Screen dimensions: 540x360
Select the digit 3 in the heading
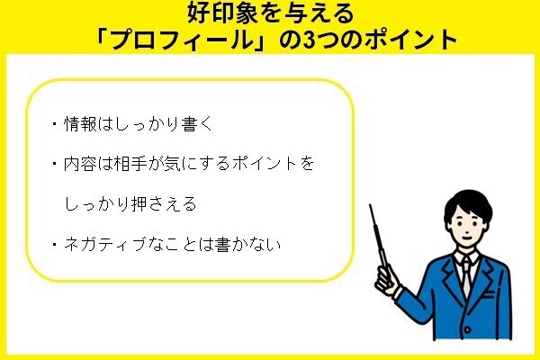pos(310,40)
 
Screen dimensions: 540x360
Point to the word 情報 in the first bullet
pos(80,124)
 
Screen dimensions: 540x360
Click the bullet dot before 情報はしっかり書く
pos(54,124)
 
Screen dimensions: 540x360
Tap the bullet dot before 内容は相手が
pos(54,164)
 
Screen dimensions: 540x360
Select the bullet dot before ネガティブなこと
pos(54,245)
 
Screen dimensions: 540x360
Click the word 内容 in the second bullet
pos(80,164)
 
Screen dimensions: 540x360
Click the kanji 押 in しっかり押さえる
pos(139,204)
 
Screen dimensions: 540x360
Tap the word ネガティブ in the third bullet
pos(105,245)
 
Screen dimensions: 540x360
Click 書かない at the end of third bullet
pos(247,245)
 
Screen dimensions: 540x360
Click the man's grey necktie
pos(465,276)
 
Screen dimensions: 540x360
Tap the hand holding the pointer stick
pos(387,280)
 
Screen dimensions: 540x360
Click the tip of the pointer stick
pos(370,205)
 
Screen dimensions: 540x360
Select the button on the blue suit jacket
pos(467,329)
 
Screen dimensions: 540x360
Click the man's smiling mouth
pos(466,237)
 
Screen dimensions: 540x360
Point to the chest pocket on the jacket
pos(490,294)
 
